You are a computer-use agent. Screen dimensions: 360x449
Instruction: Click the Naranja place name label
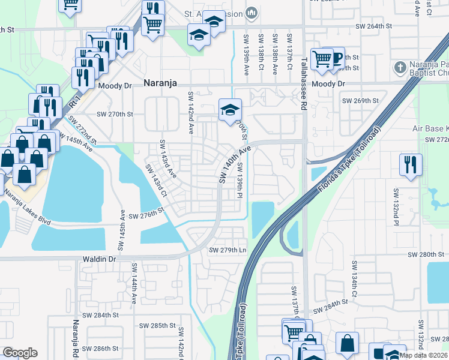point(160,85)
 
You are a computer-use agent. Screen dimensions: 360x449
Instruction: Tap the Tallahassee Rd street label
point(304,83)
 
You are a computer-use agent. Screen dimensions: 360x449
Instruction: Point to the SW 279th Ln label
point(228,250)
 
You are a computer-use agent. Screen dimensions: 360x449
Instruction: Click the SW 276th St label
point(146,214)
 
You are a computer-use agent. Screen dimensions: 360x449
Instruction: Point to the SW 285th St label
point(159,326)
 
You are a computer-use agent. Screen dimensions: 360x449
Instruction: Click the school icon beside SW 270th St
point(229,109)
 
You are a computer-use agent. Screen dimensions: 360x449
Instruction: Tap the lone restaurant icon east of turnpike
point(411,164)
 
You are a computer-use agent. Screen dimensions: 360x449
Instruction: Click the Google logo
point(20,353)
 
